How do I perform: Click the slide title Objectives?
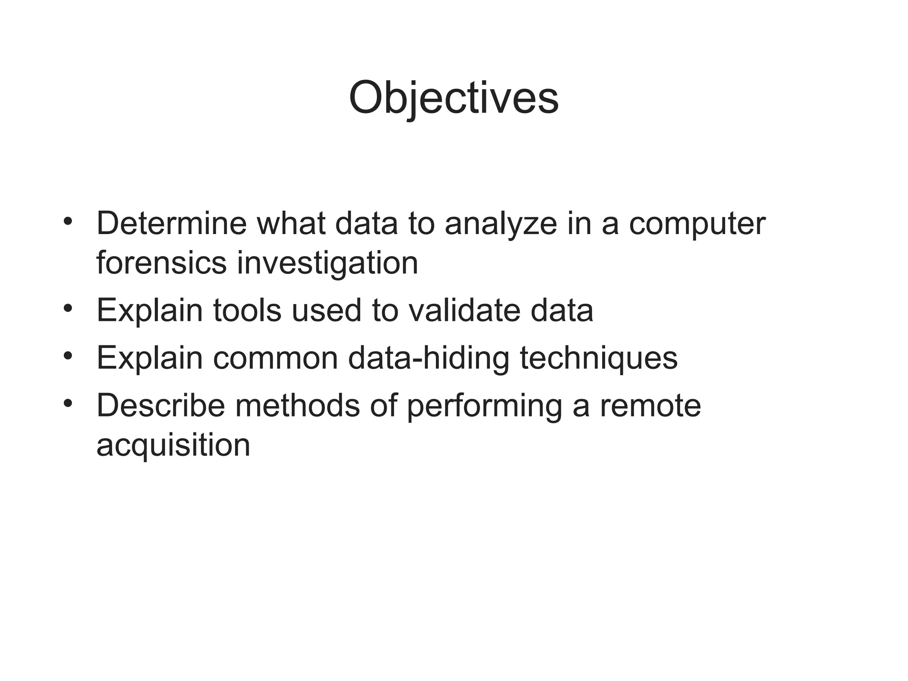[454, 98]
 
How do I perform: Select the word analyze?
[501, 224]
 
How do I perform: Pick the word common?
[275, 358]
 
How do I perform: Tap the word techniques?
[599, 358]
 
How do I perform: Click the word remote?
[650, 406]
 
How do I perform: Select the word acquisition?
[173, 446]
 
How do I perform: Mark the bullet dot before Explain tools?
[67, 308]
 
